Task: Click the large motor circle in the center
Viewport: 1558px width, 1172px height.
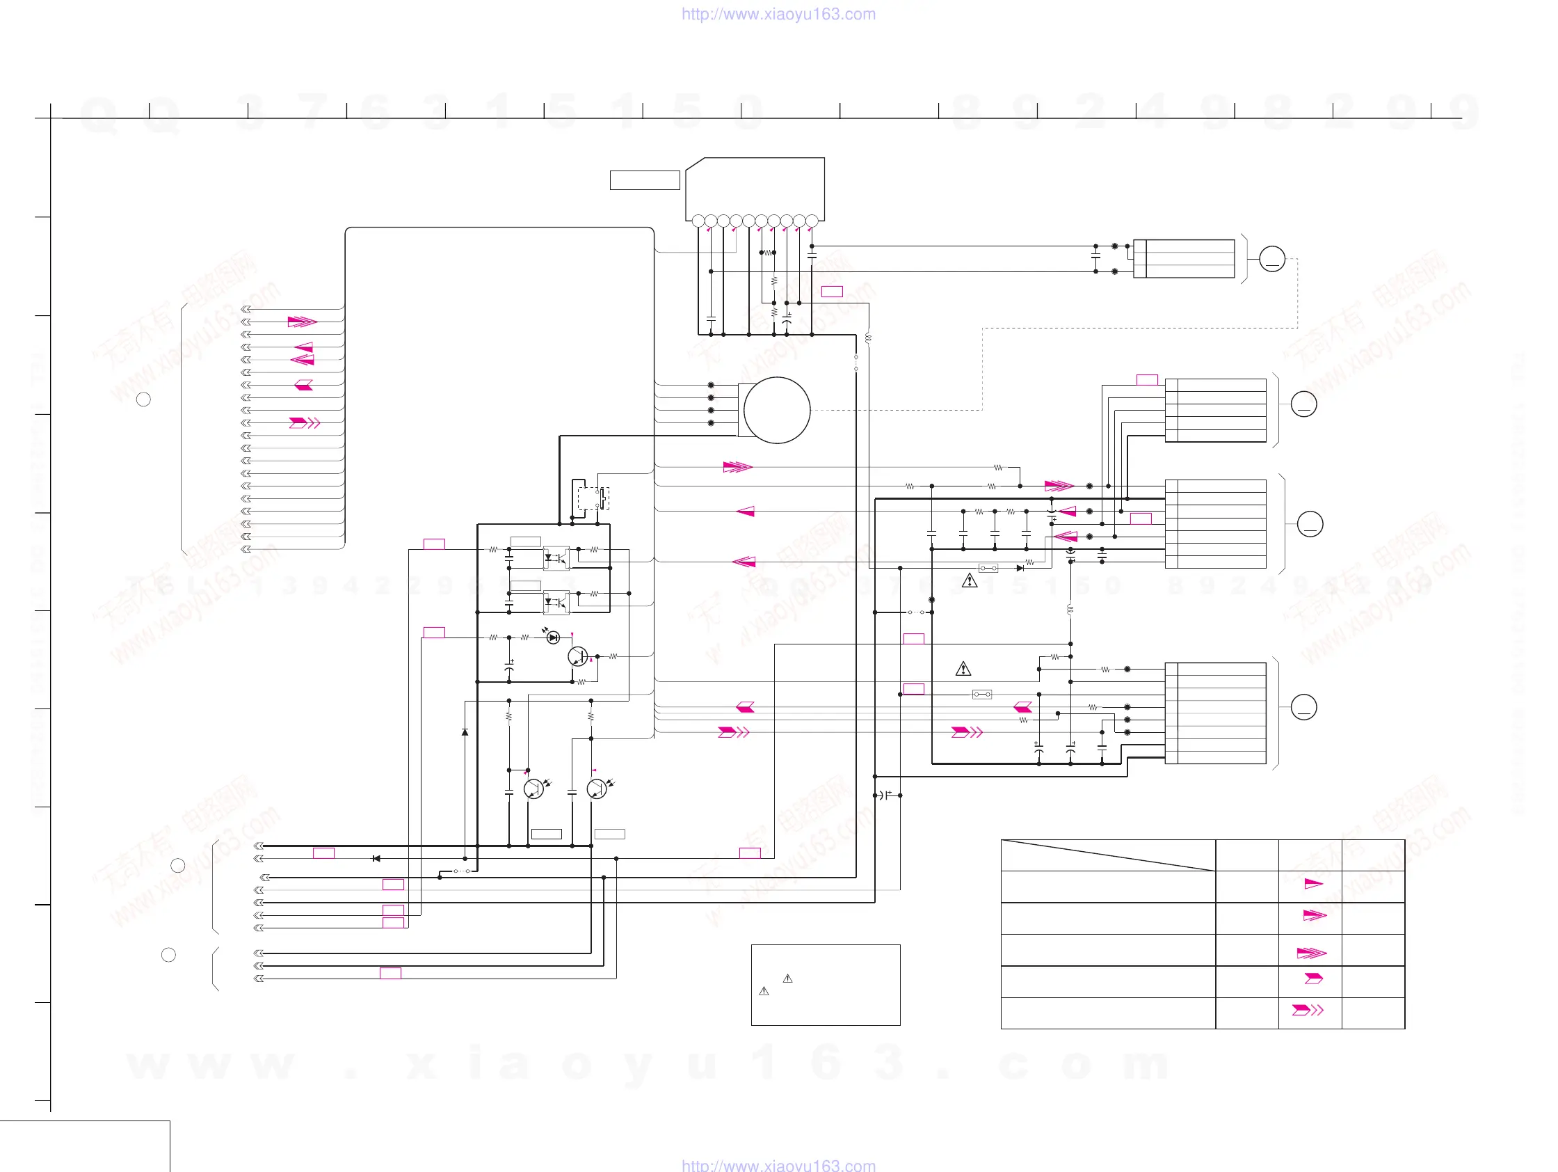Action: [776, 410]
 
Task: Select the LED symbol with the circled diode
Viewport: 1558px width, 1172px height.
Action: [553, 637]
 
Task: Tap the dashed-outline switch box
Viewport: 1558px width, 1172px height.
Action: [593, 498]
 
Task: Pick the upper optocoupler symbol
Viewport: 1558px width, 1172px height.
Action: [556, 558]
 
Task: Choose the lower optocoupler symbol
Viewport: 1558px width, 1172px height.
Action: [556, 603]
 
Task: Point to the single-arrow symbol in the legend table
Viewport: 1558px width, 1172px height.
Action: [1313, 884]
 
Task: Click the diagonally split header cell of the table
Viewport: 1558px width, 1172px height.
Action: [1107, 855]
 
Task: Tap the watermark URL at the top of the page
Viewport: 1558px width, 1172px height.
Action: [778, 14]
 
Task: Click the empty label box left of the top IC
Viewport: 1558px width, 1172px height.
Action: [645, 180]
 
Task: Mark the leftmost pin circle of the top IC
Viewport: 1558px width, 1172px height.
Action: [698, 221]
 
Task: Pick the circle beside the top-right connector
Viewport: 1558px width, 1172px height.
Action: [1271, 259]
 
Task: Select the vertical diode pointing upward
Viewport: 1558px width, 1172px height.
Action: [465, 732]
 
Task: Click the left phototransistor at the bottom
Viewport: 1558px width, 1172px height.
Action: [534, 789]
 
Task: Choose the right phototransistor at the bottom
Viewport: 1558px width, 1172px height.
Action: [597, 789]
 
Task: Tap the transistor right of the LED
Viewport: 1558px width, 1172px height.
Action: [577, 656]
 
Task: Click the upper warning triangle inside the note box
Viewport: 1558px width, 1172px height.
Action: [787, 979]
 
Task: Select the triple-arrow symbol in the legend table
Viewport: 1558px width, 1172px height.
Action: [1311, 953]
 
